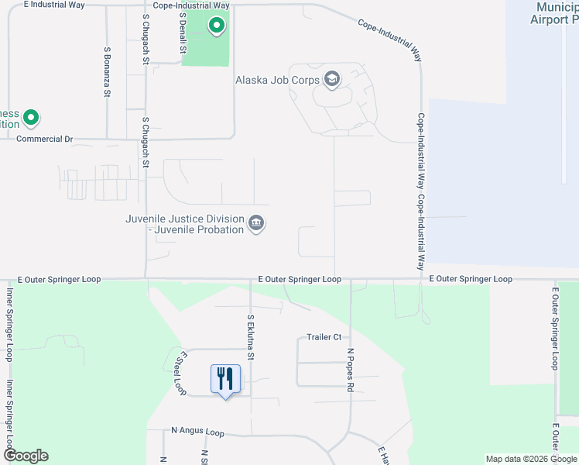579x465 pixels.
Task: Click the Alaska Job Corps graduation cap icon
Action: coord(332,79)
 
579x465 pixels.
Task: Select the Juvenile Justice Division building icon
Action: coord(256,224)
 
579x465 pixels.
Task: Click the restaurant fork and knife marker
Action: coord(225,379)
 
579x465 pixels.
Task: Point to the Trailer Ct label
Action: coord(324,337)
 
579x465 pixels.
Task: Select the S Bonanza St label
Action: coord(107,71)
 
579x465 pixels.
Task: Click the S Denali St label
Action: coord(183,31)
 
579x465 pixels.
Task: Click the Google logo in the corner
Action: coord(26,456)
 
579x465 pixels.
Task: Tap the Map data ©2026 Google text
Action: coord(531,459)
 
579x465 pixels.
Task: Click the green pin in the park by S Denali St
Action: coord(218,26)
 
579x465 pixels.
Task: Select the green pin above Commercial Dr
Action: coord(31,118)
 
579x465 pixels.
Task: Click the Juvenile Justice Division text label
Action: coord(184,224)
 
